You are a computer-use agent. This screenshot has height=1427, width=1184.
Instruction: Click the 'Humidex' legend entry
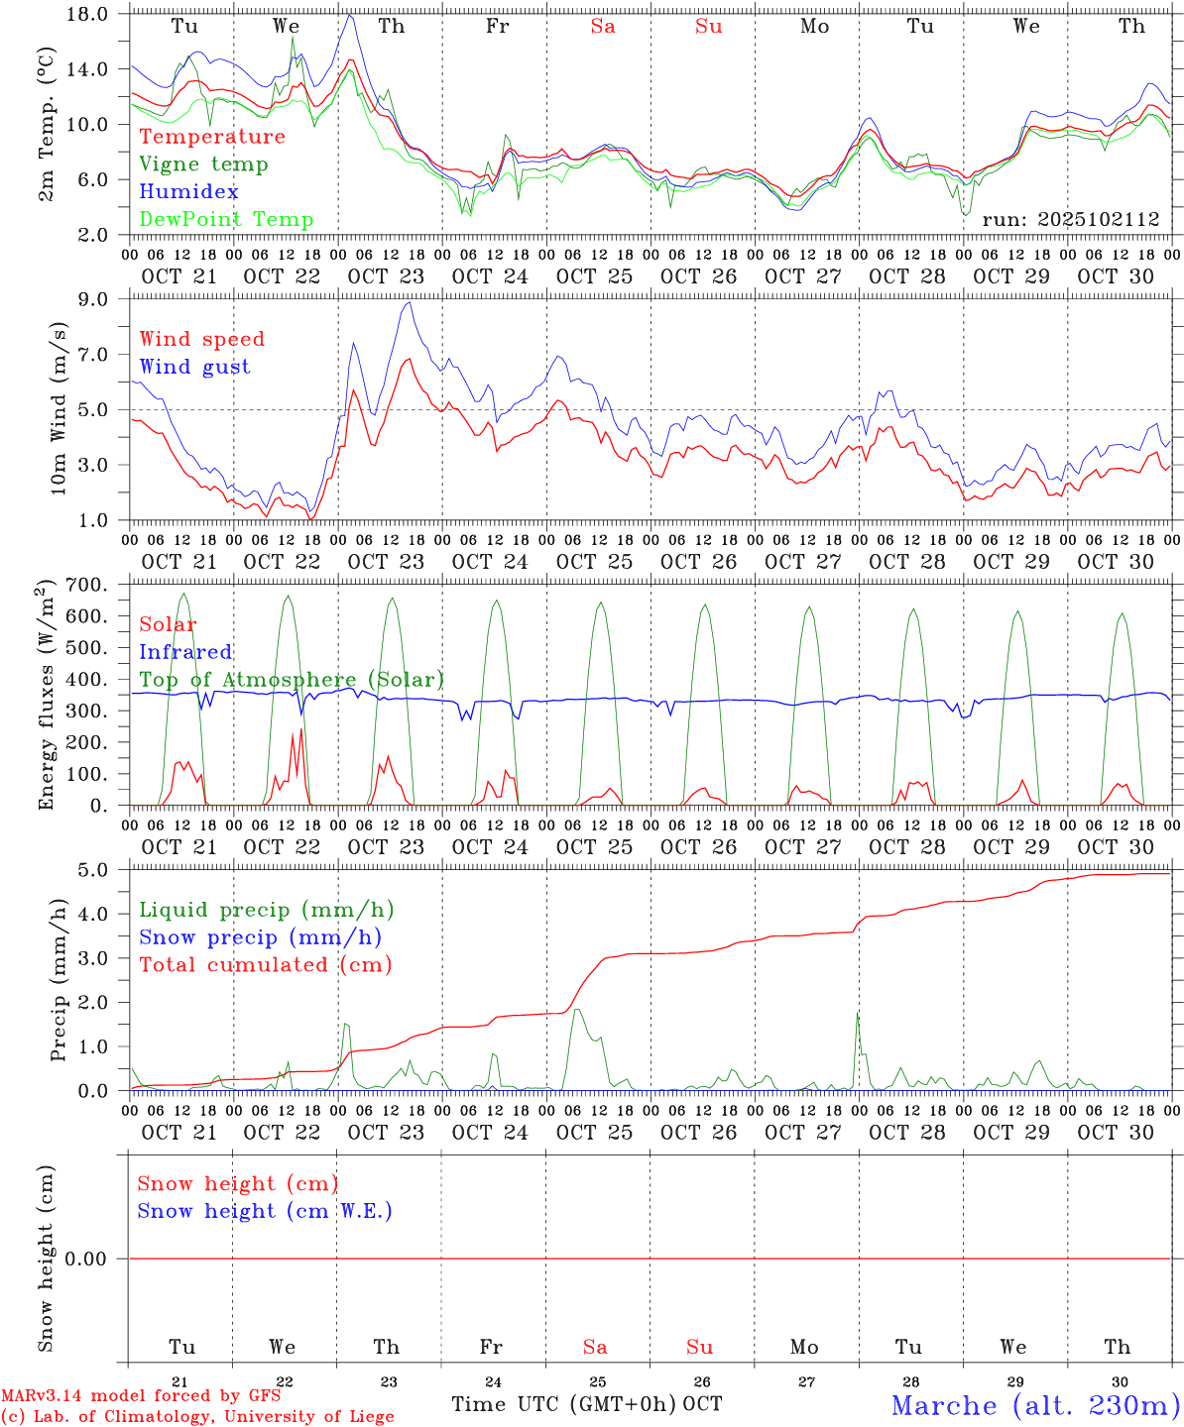point(188,192)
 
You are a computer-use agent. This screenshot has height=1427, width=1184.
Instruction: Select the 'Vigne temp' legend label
point(203,165)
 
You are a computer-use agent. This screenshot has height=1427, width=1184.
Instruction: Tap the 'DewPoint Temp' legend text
point(226,220)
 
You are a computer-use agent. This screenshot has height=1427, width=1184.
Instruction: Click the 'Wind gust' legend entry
point(194,367)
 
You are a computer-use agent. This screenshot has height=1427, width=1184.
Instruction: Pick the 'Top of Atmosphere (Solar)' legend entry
point(292,680)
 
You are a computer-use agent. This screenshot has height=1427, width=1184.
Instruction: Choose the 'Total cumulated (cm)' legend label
point(266,965)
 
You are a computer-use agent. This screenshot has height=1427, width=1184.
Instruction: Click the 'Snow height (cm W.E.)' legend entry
point(265,1211)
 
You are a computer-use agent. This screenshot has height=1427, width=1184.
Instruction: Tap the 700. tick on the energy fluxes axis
point(85,585)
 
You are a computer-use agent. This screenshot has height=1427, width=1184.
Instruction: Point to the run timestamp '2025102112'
point(1071,220)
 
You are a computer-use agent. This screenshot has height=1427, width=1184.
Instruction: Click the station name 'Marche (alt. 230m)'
point(1035,1405)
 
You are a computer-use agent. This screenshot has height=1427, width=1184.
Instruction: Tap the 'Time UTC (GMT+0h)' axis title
point(563,1404)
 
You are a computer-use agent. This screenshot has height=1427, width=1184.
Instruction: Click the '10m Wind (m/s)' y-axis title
point(59,408)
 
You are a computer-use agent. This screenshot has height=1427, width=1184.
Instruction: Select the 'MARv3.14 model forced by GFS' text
point(141,1396)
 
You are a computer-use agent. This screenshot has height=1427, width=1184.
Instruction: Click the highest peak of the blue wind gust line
point(409,302)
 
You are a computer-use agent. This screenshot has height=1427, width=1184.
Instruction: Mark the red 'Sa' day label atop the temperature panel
point(603,27)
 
